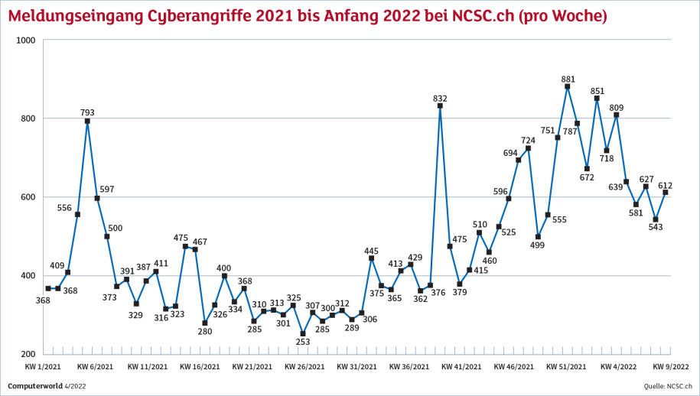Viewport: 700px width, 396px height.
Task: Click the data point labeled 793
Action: pos(87,121)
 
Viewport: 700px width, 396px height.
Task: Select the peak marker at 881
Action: pos(567,86)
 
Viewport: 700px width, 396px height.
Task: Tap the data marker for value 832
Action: pos(440,105)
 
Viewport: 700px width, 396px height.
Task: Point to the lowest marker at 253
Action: pos(302,333)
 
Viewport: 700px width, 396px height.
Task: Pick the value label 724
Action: pos(529,140)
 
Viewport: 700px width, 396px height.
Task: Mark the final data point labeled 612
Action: pos(665,193)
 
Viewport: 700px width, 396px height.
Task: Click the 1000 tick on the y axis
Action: pos(28,40)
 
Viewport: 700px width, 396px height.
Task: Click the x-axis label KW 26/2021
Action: pos(304,367)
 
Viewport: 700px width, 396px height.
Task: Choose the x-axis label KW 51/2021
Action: pos(566,367)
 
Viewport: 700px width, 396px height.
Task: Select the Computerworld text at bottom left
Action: pos(35,385)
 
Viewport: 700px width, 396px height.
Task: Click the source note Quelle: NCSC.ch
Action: pos(667,385)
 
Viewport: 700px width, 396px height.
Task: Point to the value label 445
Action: pos(372,251)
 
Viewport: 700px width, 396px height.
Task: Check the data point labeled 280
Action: pos(204,323)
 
